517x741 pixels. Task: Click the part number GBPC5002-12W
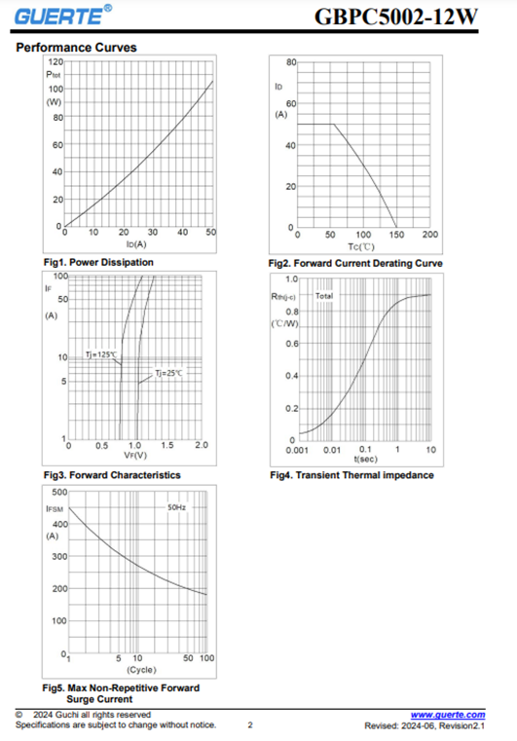point(396,17)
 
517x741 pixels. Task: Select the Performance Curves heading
point(76,48)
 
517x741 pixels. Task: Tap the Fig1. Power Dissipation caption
point(98,262)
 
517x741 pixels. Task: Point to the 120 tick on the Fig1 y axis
point(55,62)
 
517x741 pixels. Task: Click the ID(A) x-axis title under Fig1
point(136,244)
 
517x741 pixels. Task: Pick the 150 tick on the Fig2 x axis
point(396,235)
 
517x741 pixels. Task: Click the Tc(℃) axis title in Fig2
point(361,246)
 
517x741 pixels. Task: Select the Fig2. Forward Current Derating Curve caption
point(355,263)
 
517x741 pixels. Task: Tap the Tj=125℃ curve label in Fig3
point(100,354)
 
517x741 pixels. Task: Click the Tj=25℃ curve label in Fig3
point(168,373)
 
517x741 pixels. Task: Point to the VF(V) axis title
point(135,456)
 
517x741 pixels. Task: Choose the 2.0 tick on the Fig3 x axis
point(202,445)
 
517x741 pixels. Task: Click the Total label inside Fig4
point(324,296)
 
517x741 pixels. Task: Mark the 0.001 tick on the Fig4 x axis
point(297,450)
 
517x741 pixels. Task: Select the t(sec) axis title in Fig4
point(366,459)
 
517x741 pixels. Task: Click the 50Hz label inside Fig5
point(177,507)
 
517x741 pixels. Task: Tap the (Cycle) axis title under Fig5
point(141,670)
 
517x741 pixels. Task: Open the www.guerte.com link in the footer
point(448,715)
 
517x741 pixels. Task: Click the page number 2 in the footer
point(250,724)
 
